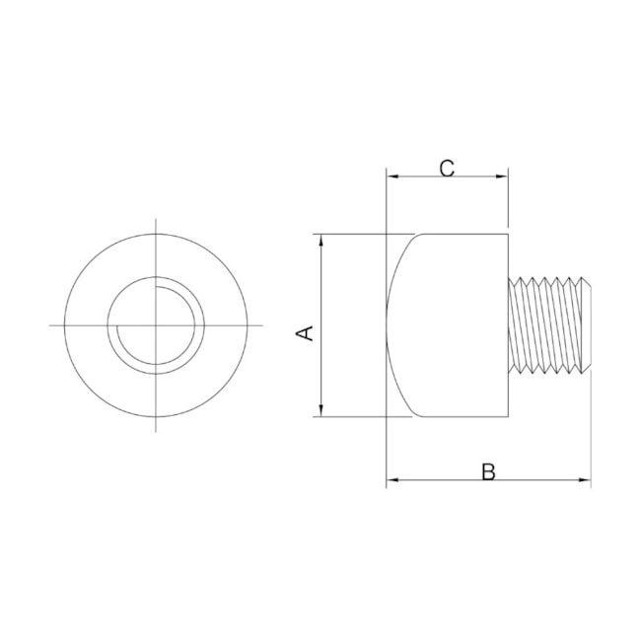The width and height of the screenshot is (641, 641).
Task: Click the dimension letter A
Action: click(307, 332)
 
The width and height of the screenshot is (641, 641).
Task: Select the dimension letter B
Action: click(488, 471)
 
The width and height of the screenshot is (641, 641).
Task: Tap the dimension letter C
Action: click(447, 168)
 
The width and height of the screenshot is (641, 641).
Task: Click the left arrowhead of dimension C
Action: click(392, 178)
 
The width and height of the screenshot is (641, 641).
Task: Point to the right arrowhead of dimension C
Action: click(503, 178)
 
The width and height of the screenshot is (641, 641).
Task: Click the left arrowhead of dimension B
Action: click(392, 480)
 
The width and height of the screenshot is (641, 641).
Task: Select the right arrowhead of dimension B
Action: click(586, 480)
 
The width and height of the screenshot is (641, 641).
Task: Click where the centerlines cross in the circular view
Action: click(156, 324)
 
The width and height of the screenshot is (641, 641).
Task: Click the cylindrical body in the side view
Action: click(454, 325)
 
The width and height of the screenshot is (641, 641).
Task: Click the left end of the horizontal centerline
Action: click(49, 324)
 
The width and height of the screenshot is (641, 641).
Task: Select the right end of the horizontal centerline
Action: click(262, 324)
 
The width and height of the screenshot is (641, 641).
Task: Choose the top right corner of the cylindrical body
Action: click(508, 234)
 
